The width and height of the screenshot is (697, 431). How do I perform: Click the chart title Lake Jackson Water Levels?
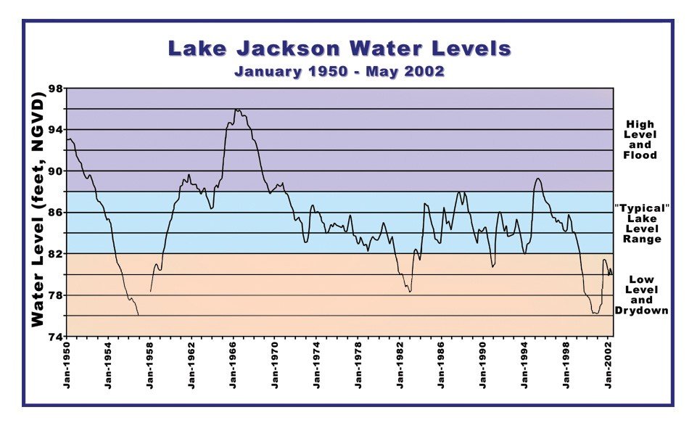[x=339, y=49]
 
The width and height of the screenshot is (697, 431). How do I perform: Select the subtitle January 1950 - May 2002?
[x=339, y=72]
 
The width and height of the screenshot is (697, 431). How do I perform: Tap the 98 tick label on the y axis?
[x=55, y=89]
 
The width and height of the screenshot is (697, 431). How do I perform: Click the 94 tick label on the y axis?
[x=55, y=130]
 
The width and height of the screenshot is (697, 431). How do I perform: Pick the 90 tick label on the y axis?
[x=55, y=171]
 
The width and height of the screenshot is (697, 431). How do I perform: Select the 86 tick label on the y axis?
[x=55, y=213]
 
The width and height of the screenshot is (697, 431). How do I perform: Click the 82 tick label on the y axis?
[x=55, y=254]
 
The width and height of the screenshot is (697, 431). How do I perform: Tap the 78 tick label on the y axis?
[x=55, y=295]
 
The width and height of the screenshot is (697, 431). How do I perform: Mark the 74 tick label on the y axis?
[x=55, y=337]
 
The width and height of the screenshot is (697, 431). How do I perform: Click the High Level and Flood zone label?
[x=641, y=140]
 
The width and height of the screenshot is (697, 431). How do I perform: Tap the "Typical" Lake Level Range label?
[x=641, y=223]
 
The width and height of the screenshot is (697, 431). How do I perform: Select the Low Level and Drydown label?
[x=641, y=295]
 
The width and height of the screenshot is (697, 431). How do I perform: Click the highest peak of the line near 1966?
[x=236, y=110]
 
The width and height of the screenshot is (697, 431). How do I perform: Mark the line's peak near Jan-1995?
[x=537, y=178]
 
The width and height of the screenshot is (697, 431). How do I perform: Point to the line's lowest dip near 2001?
[x=595, y=313]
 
